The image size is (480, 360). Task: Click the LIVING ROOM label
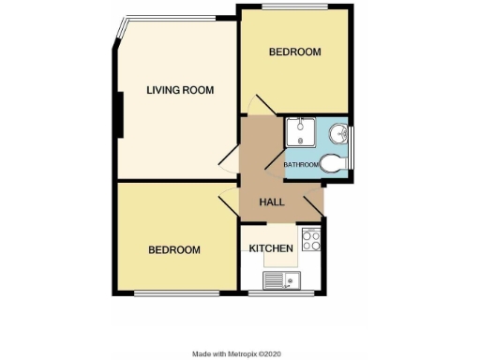click(x=180, y=90)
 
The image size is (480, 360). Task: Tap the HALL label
click(x=272, y=202)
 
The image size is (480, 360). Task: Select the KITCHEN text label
click(x=273, y=248)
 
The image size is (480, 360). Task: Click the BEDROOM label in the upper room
click(x=295, y=52)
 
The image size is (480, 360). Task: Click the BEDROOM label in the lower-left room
click(x=174, y=250)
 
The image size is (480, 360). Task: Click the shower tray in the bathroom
click(x=299, y=131)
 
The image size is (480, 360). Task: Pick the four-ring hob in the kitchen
click(x=311, y=240)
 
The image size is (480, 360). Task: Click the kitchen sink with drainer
click(x=280, y=279)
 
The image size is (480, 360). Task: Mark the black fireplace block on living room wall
click(x=119, y=112)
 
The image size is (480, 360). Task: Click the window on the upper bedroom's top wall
click(x=294, y=7)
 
